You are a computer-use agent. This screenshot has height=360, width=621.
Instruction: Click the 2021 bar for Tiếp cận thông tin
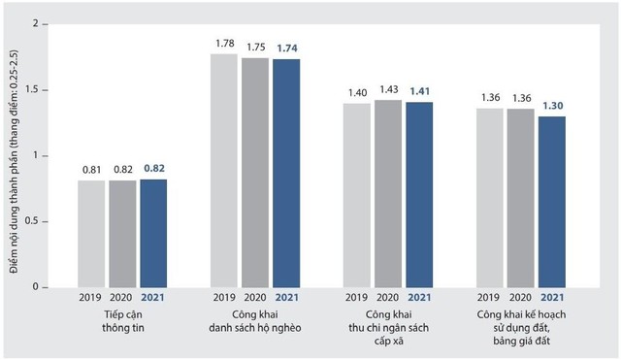pos(153,233)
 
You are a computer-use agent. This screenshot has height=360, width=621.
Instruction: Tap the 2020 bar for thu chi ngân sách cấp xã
pos(388,193)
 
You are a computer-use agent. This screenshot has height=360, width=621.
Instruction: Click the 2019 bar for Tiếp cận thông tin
pos(91,234)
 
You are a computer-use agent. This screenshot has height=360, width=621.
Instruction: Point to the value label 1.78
pos(224,43)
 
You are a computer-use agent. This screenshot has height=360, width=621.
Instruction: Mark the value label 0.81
pos(91,169)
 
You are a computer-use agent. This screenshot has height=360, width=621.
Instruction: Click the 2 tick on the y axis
pos(35,23)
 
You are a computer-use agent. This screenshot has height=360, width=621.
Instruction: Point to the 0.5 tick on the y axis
pos(31,221)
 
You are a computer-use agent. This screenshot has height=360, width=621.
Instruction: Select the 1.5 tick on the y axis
pos(31,89)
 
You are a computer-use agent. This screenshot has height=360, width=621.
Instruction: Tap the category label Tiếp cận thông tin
pos(122,322)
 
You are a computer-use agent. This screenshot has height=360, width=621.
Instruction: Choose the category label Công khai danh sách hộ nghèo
pos(255,322)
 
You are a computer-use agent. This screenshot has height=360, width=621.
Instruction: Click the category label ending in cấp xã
pos(388,329)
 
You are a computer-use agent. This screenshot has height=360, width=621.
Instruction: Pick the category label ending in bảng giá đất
pos(521,329)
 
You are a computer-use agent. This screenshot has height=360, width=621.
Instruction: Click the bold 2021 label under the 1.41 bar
pos(420,298)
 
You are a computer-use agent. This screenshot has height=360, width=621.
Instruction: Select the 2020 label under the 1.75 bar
pos(255,298)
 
